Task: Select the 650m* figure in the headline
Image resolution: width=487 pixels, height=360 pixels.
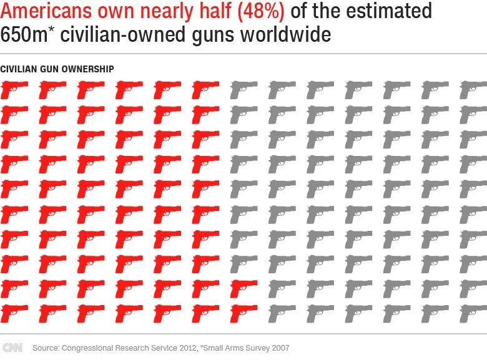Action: click(x=26, y=34)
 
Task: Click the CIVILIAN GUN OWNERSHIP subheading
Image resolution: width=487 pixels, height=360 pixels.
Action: click(x=57, y=69)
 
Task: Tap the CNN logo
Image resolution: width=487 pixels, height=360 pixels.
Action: click(x=12, y=348)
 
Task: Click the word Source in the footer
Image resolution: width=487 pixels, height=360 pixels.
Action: click(x=44, y=348)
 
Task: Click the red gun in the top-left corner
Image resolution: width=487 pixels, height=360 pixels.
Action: click(x=12, y=91)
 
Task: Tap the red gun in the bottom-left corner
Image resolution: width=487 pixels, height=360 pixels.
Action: click(x=12, y=311)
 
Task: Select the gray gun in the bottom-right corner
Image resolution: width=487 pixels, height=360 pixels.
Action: click(x=473, y=311)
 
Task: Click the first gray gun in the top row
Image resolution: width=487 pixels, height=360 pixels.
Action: click(x=242, y=91)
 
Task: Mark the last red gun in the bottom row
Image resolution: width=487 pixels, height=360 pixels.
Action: click(x=242, y=311)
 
